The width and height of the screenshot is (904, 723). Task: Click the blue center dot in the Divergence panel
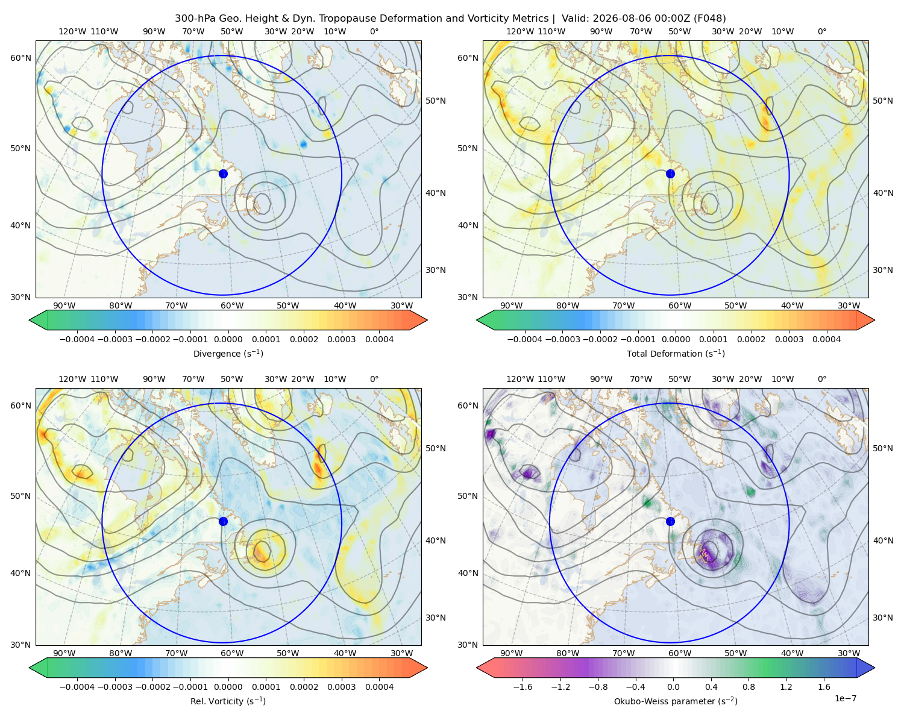223,174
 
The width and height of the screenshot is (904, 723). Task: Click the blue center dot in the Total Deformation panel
670,174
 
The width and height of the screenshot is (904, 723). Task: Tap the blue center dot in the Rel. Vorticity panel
223,521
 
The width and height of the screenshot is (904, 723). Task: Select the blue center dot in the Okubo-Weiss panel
670,521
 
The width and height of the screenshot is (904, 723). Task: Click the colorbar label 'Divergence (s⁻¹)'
228,353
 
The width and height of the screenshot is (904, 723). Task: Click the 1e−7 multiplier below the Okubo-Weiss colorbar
845,698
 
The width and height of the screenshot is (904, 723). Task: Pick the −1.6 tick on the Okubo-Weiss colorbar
523,687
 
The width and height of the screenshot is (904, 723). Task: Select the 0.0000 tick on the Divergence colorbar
228,339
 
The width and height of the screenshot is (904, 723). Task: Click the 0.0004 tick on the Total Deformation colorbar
827,339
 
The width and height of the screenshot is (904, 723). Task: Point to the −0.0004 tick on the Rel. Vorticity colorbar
77,687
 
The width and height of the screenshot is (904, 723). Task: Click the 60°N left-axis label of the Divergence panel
20,58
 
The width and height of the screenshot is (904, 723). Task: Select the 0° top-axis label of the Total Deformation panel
822,31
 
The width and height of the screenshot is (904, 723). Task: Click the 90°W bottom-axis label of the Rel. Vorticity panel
64,653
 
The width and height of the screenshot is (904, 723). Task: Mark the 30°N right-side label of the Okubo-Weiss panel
883,618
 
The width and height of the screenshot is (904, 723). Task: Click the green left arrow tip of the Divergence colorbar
30,320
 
